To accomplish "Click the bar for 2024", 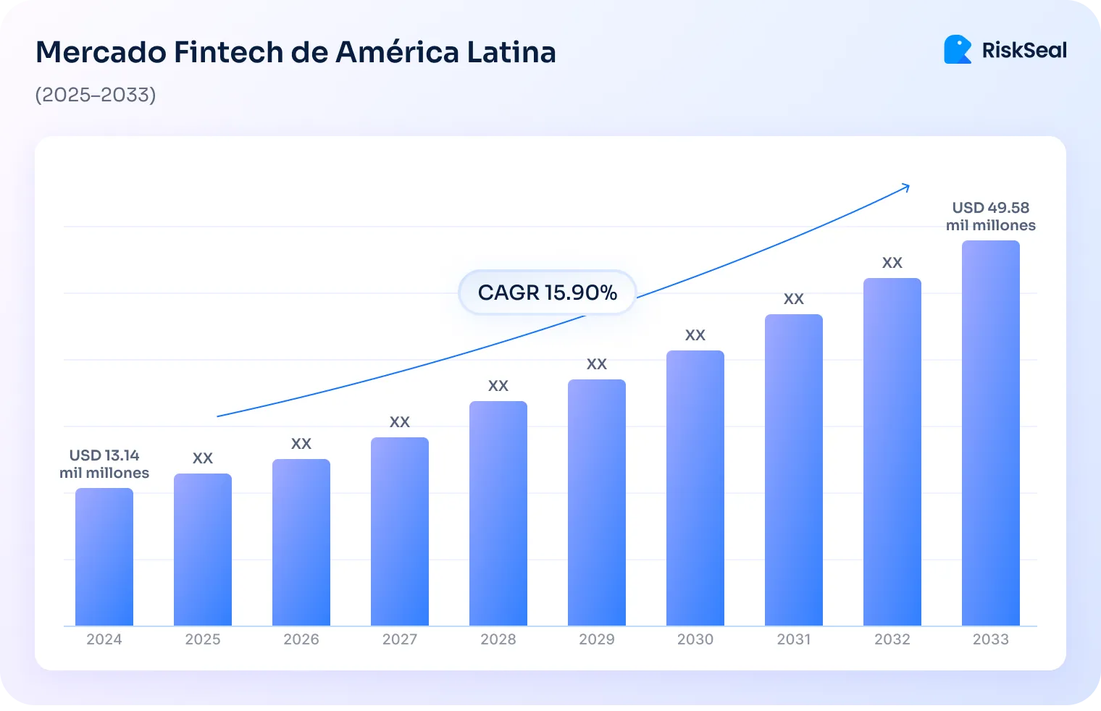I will [104, 557].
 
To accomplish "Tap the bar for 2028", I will [498, 513].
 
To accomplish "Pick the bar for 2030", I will [695, 488].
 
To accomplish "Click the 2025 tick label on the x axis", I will [203, 639].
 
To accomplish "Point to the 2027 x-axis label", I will [400, 639].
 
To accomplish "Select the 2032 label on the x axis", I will [892, 639].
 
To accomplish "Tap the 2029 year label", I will [597, 639].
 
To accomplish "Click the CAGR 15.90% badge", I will [547, 293].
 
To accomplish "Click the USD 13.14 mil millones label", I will [104, 464].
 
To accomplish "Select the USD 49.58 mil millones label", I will [990, 216].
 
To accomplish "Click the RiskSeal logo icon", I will [958, 50].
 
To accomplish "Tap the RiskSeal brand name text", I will [1024, 51].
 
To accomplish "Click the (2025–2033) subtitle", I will [96, 95].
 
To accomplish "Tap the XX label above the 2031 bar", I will [794, 299].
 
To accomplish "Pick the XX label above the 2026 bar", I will [301, 444].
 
